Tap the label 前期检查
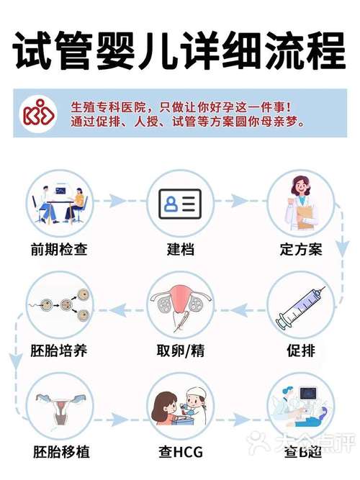(59, 250)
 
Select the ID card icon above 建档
(180, 204)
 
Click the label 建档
(180, 250)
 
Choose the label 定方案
(300, 250)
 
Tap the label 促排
(300, 352)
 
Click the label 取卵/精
(180, 352)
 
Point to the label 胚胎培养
(59, 352)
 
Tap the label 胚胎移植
(59, 453)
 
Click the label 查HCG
(180, 453)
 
